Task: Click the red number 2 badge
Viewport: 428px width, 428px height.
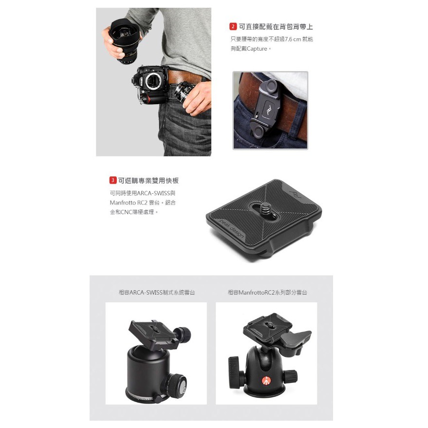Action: (x=233, y=26)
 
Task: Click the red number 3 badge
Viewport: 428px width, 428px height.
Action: (x=113, y=180)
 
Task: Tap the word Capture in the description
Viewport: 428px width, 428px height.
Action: (x=257, y=49)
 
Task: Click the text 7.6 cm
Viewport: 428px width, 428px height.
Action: (x=293, y=39)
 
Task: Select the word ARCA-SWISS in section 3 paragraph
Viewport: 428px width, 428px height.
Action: (x=153, y=193)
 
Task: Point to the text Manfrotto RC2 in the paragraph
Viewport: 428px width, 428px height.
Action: (x=129, y=203)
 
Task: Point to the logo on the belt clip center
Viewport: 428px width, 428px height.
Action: (x=269, y=110)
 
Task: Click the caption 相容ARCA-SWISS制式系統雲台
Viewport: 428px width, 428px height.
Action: (x=157, y=292)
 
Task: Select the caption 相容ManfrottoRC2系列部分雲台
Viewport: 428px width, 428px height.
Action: (x=267, y=292)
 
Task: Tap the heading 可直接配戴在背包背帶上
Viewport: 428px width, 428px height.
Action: (x=276, y=26)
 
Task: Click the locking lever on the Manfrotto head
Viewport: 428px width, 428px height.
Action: (x=296, y=339)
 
